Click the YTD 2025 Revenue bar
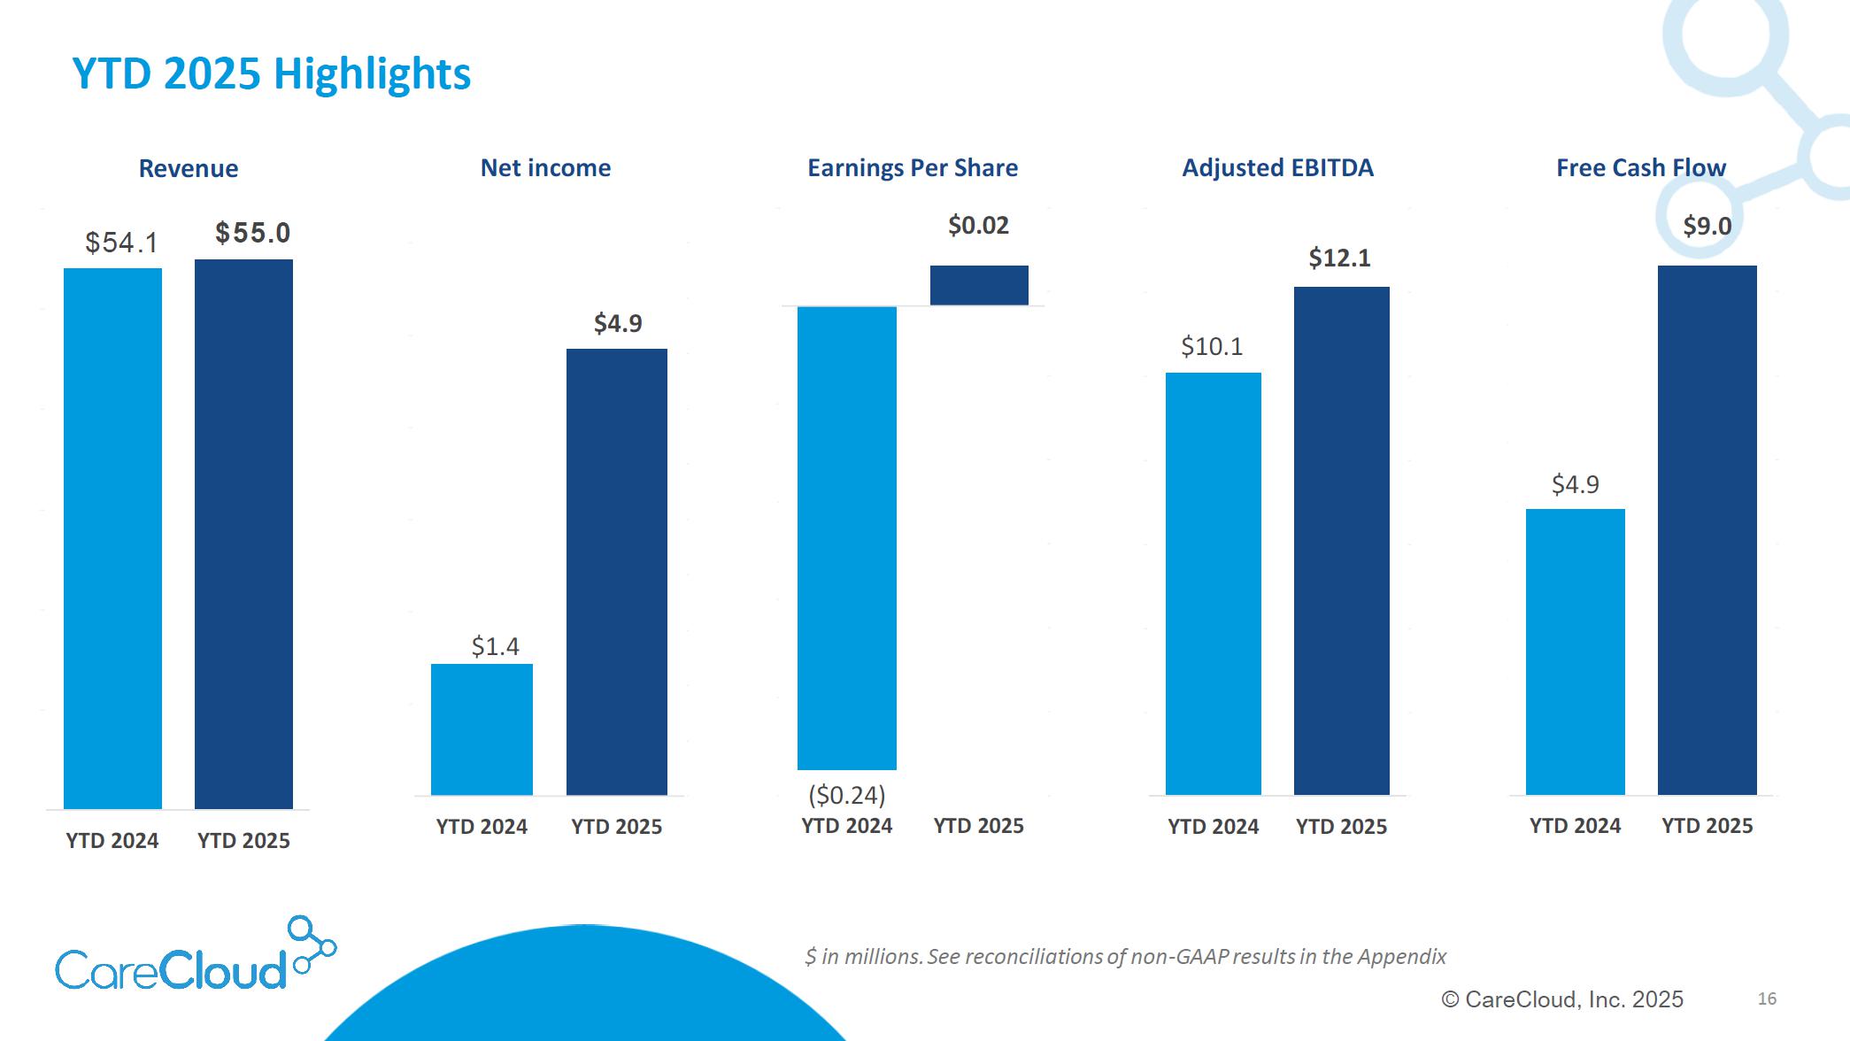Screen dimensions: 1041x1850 (243, 534)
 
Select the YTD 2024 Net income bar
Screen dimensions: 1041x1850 (482, 729)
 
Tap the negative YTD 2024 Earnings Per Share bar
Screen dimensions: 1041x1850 (846, 538)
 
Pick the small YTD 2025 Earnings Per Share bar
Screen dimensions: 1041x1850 (979, 285)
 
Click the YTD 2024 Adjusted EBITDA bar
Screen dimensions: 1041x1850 (1213, 583)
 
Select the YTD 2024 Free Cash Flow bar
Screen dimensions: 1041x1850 (1575, 652)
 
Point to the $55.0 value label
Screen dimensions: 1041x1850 (252, 233)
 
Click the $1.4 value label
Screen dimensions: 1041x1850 (495, 646)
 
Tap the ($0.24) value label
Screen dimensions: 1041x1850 (846, 795)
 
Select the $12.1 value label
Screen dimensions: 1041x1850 (1339, 258)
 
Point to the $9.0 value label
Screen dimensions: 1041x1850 (1707, 226)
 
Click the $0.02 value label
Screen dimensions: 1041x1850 (978, 225)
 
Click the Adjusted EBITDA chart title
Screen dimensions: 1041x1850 (1277, 167)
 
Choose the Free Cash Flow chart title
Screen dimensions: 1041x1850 (1641, 167)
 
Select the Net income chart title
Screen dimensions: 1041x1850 (545, 167)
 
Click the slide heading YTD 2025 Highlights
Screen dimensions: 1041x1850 (271, 73)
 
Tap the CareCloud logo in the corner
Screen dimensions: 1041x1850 (195, 956)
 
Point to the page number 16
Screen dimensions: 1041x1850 (1767, 999)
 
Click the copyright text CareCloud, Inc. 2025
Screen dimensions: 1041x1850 (1562, 999)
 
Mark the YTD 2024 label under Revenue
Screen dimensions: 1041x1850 (112, 840)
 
